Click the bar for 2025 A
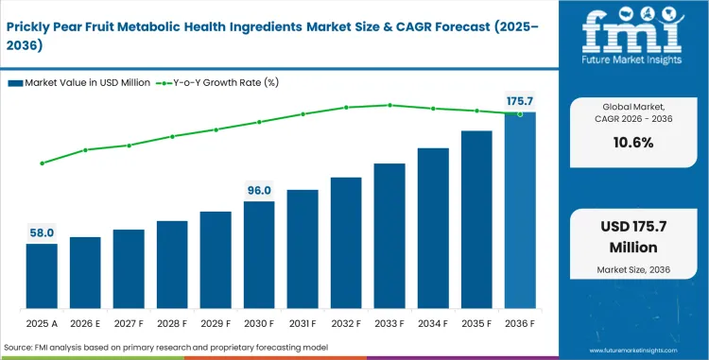(x=42, y=277)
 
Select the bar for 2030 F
(x=259, y=255)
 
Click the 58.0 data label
(x=42, y=232)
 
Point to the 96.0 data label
(x=259, y=190)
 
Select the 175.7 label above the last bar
(x=520, y=101)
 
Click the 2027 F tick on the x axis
(x=129, y=323)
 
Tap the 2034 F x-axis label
(x=433, y=323)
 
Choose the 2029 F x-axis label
(x=216, y=323)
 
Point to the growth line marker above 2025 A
(x=42, y=163)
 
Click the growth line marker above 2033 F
(x=389, y=105)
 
